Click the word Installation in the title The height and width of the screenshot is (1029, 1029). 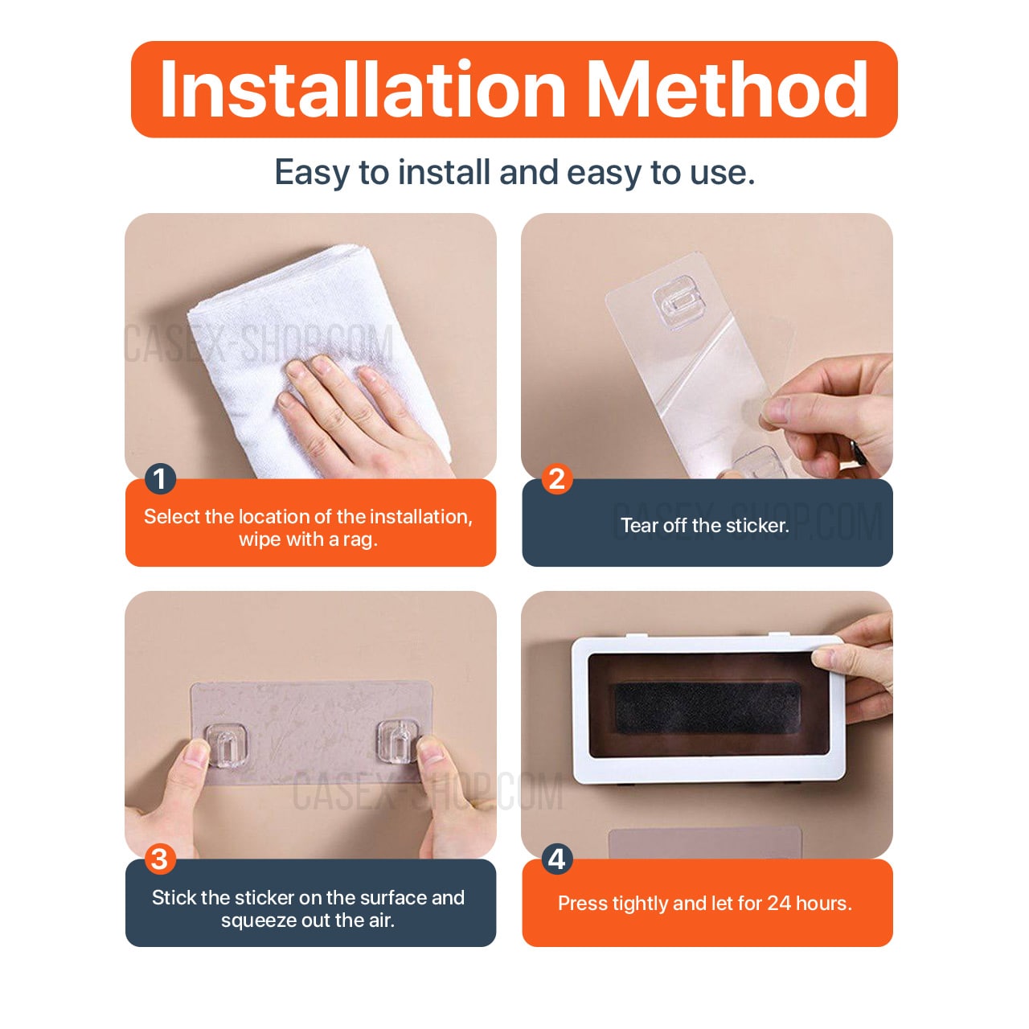[x=362, y=90]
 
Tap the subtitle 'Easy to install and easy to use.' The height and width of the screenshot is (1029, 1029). [x=514, y=172]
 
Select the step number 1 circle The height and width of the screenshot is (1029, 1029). [x=160, y=479]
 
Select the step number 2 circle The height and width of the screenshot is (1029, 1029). [x=556, y=479]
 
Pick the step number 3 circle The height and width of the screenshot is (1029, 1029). [x=160, y=859]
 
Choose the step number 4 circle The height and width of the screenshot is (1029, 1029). [x=556, y=859]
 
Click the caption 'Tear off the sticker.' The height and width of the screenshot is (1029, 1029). [x=704, y=526]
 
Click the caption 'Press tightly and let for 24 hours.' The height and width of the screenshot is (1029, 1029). [x=704, y=904]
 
